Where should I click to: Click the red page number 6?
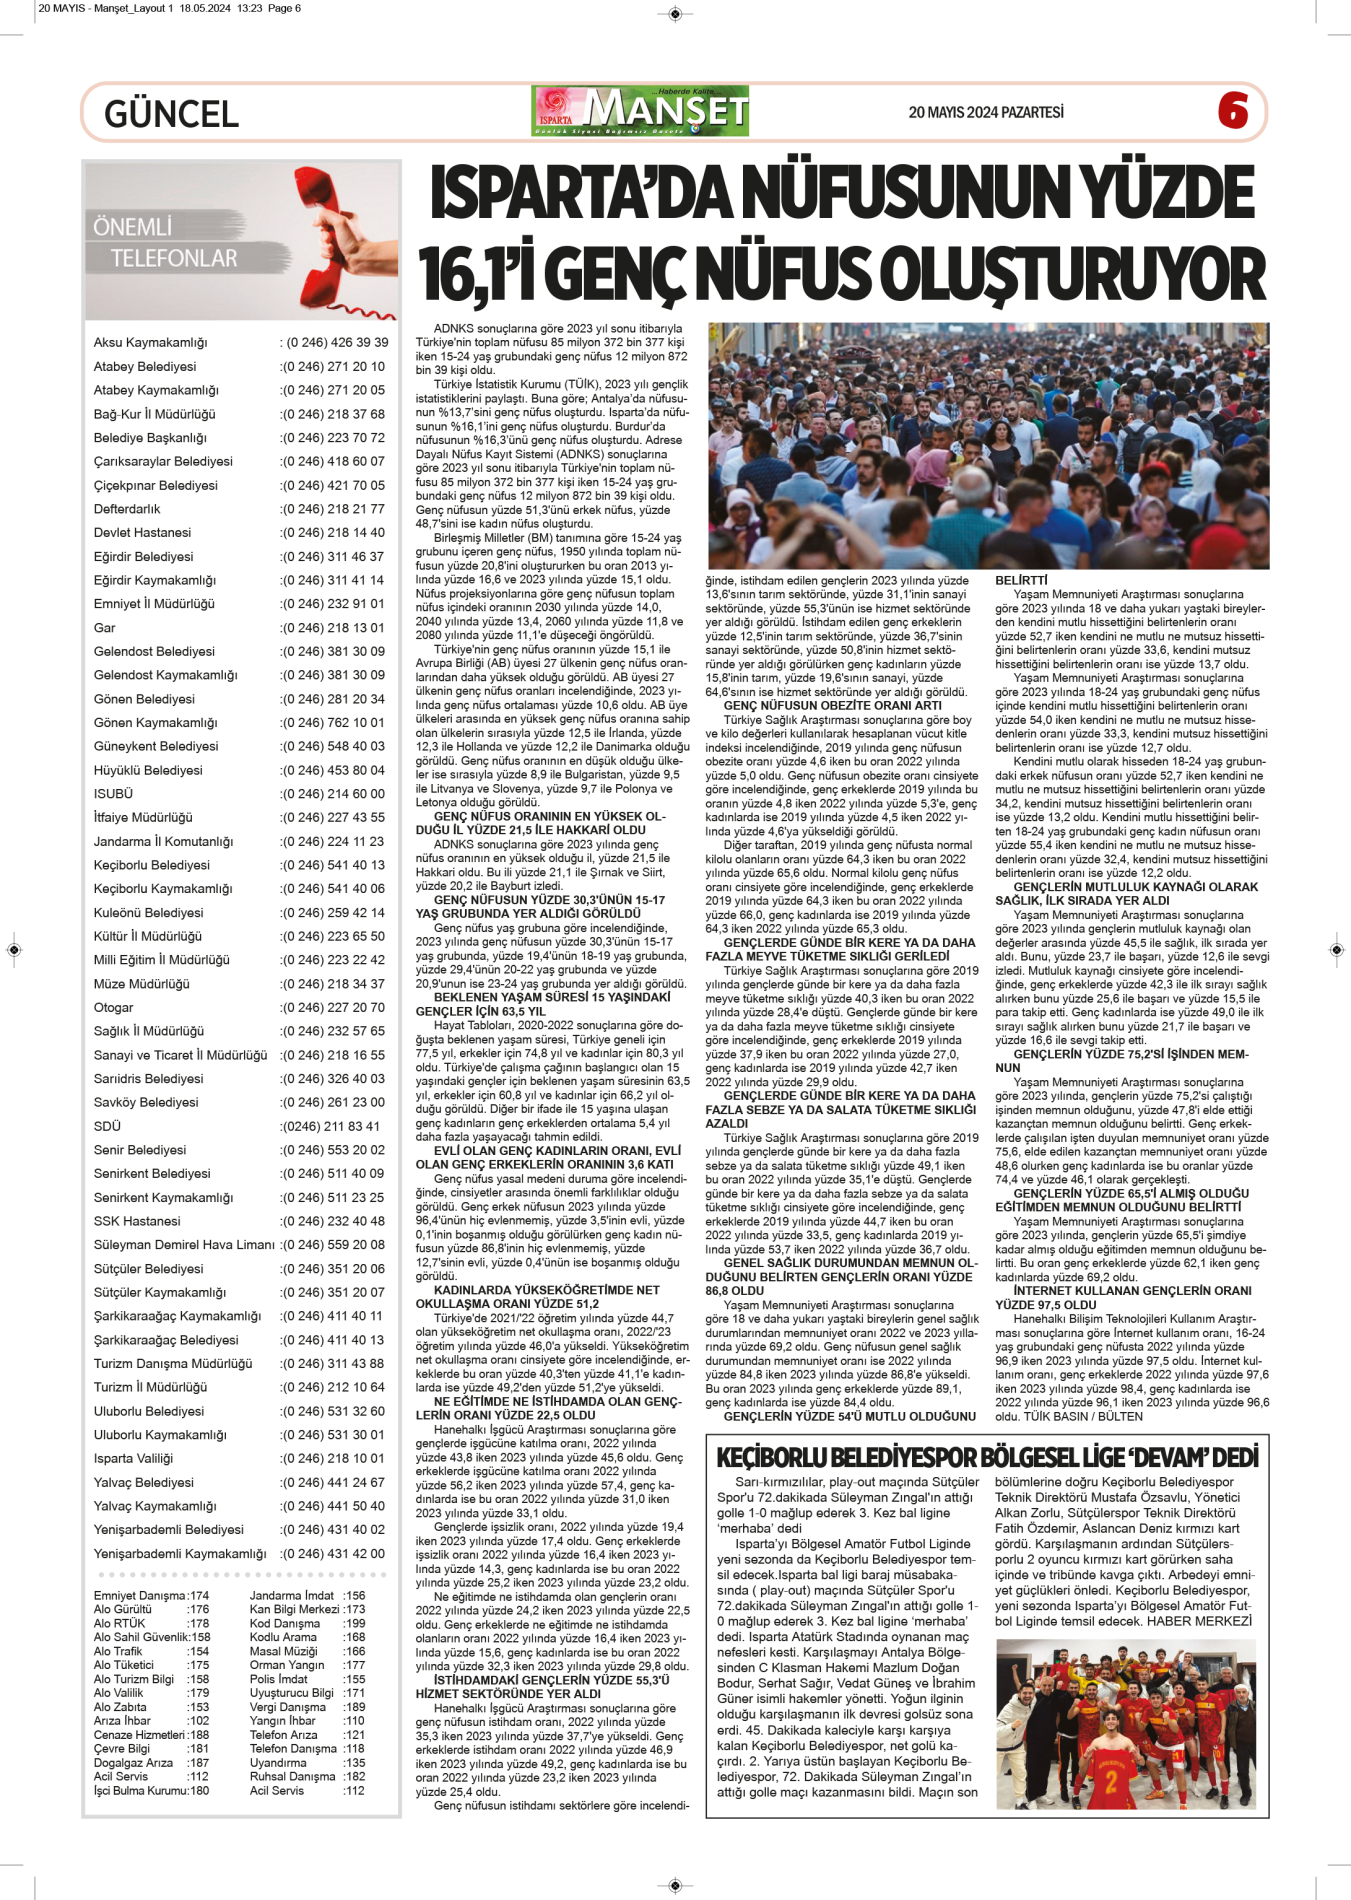1233,110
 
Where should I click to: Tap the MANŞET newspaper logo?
641,111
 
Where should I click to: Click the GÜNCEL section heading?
171,114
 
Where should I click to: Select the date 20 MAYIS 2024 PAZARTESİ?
985,112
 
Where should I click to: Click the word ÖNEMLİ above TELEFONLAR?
132,227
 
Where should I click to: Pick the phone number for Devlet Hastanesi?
334,533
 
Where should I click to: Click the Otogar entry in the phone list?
114,1008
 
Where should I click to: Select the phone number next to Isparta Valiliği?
334,1459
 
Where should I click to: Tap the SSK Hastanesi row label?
137,1221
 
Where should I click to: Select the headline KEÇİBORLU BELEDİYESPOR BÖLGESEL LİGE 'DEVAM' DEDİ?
987,1458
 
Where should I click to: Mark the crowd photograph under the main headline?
988,446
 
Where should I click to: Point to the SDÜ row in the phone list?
107,1126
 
